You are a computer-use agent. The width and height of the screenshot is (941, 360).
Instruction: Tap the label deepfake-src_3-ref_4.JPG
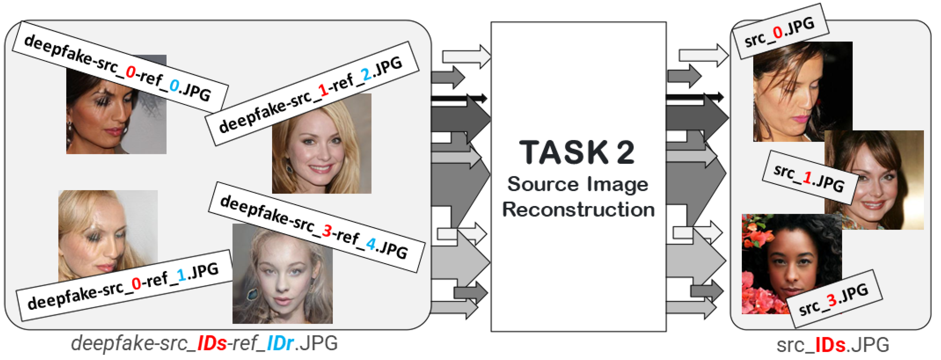point(316,227)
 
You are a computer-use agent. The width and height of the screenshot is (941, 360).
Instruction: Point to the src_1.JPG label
point(809,177)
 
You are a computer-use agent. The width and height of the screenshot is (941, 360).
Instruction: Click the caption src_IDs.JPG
point(833,345)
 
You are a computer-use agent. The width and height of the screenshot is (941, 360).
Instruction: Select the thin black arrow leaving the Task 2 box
point(694,97)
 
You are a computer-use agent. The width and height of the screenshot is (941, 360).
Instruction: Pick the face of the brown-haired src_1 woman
point(877,183)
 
